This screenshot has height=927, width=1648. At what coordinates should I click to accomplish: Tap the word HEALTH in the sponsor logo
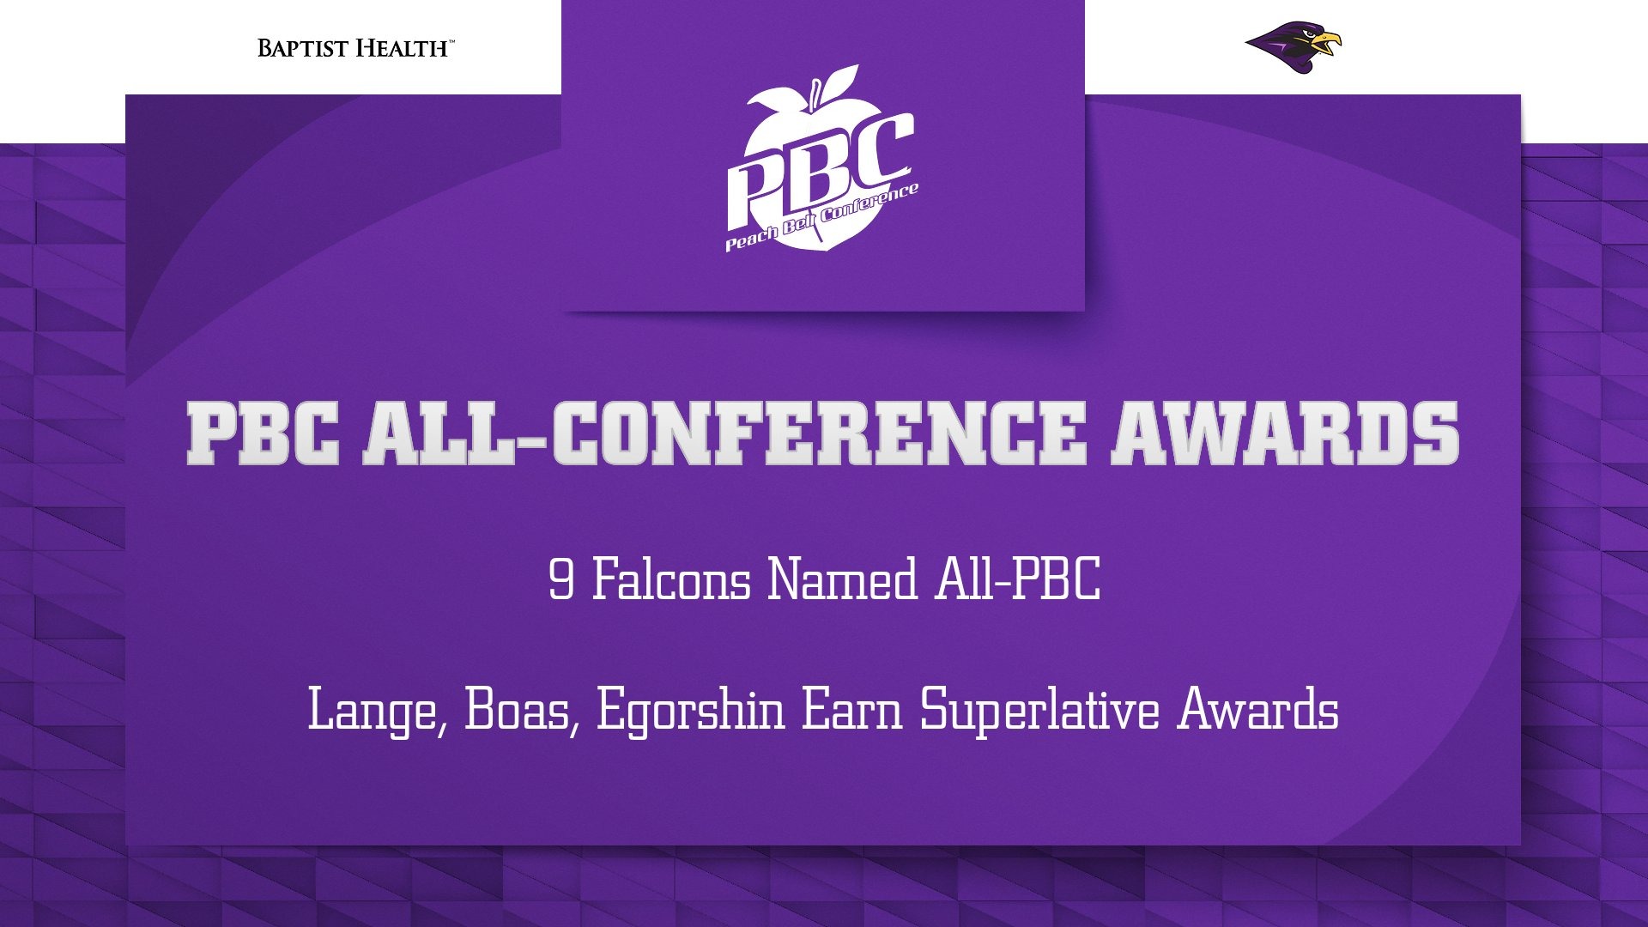(401, 48)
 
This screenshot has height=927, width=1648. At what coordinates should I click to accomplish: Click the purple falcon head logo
(1293, 48)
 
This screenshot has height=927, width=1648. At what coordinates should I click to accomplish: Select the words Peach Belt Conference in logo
(821, 217)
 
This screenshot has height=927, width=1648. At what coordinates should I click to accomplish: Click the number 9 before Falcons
(561, 579)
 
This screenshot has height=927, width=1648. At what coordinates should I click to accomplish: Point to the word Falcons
(671, 579)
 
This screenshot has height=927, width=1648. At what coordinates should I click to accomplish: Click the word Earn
(851, 711)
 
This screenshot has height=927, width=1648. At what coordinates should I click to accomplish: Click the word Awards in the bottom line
(1258, 711)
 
